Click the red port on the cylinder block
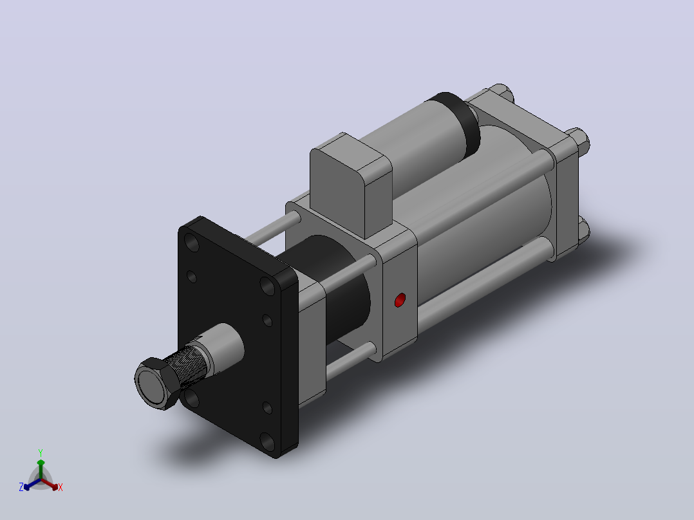pyautogui.click(x=400, y=300)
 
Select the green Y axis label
pyautogui.click(x=41, y=452)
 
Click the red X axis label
pyautogui.click(x=61, y=487)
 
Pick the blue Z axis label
pyautogui.click(x=21, y=487)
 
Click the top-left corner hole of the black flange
pyautogui.click(x=192, y=243)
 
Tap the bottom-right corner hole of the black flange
pyautogui.click(x=267, y=441)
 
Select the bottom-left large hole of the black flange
pyautogui.click(x=192, y=398)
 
